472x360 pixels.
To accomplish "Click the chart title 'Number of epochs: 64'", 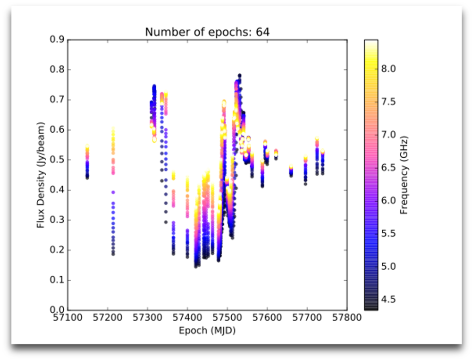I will pyautogui.click(x=207, y=32).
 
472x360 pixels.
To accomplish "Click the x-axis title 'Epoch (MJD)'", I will pyautogui.click(x=207, y=331).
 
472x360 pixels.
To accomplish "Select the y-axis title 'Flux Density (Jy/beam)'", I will pyautogui.click(x=41, y=175).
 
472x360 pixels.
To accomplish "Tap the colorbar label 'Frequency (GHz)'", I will pyautogui.click(x=403, y=175).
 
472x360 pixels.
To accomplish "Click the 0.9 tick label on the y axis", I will pyautogui.click(x=57, y=40).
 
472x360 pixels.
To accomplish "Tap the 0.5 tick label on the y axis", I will pyautogui.click(x=57, y=160).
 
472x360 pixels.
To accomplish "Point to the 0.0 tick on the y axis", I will pyautogui.click(x=57, y=310).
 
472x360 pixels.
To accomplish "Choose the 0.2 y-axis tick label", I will pyautogui.click(x=57, y=250).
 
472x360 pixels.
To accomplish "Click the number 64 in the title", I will pyautogui.click(x=263, y=32).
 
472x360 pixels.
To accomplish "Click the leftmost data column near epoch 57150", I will pyautogui.click(x=87, y=163).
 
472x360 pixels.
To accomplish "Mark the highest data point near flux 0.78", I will pyautogui.click(x=239, y=76).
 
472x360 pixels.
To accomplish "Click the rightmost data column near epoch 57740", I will pyautogui.click(x=323, y=163).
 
